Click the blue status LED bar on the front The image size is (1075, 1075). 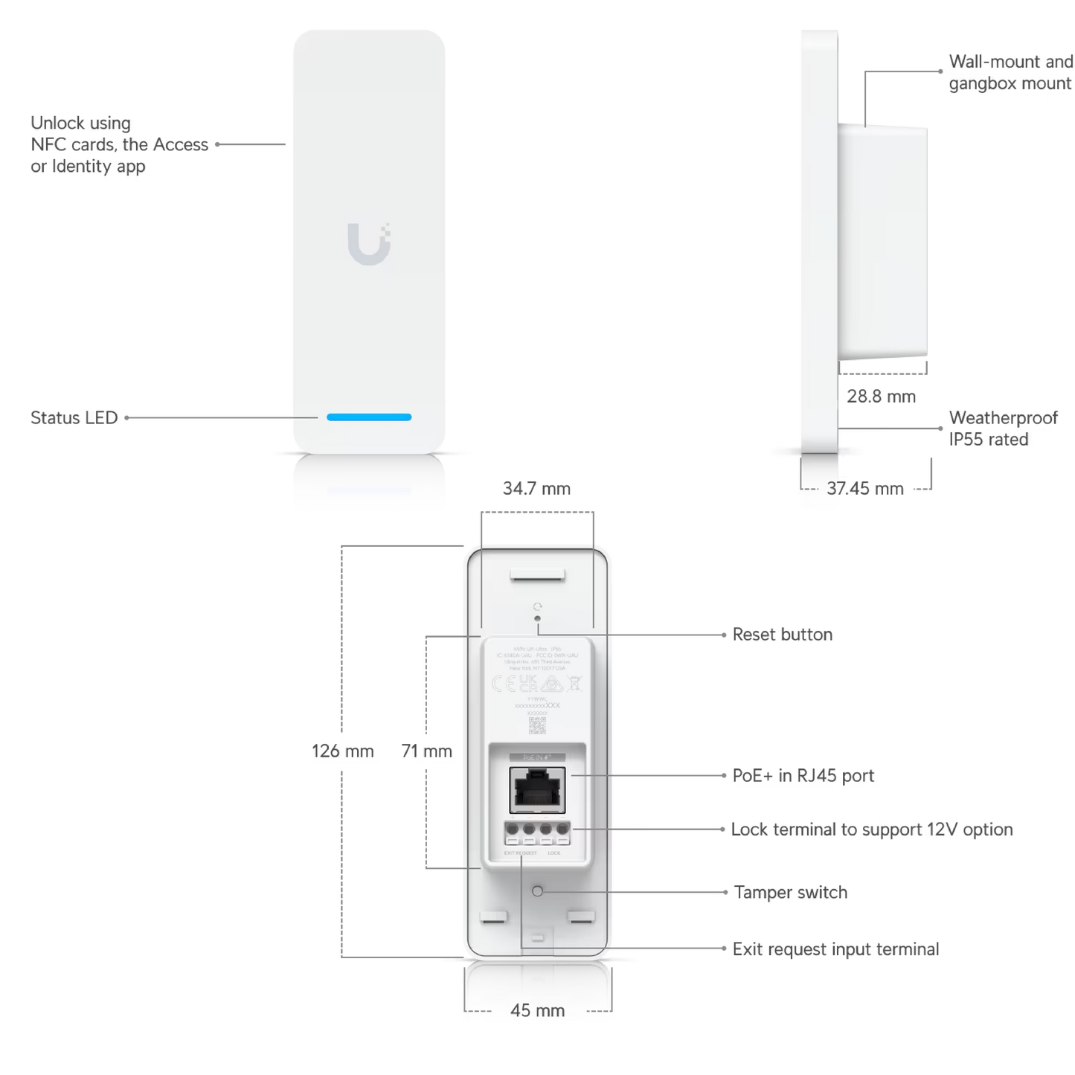pos(369,417)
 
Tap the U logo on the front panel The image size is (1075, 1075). pos(369,243)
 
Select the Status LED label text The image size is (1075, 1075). pos(74,417)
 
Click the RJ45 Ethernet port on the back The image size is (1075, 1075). pos(536,790)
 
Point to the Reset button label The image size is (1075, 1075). pos(782,635)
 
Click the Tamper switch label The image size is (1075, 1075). pos(790,892)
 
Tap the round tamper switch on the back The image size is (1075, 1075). pos(538,891)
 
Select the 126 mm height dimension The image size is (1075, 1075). pos(342,751)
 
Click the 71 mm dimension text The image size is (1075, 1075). pos(426,751)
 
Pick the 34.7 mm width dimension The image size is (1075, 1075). pos(536,490)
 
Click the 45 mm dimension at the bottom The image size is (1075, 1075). pos(538,1011)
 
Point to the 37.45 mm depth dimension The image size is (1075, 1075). pos(866,489)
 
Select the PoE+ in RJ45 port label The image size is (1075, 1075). pos(803,775)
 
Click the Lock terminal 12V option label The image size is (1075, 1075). pos(872,829)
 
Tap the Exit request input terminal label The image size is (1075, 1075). pos(836,949)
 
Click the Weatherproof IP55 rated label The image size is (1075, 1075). pos(1002,428)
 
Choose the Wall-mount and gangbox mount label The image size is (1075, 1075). pos(1010,73)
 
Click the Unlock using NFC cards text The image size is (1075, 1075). pos(119,144)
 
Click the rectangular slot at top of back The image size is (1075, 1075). pos(537,575)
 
